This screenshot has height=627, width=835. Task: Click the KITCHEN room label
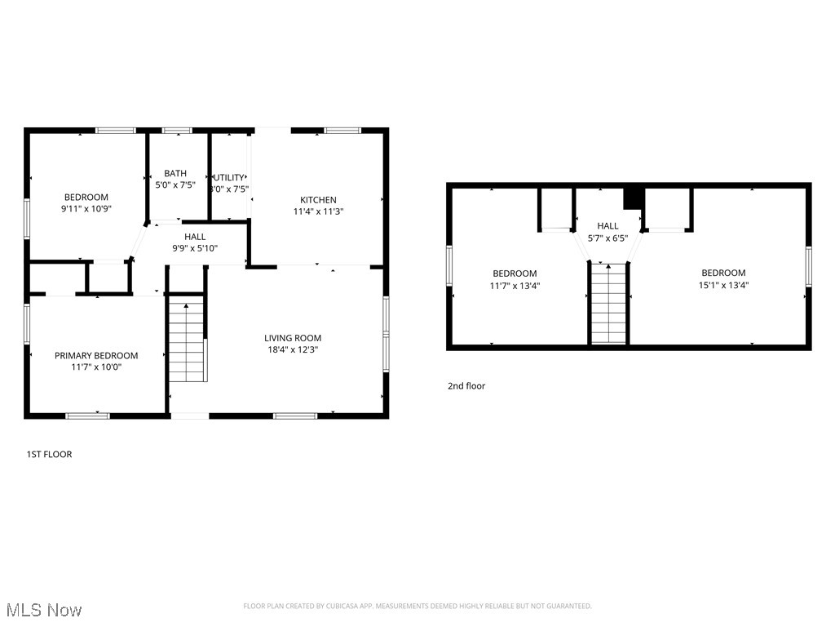[x=318, y=200]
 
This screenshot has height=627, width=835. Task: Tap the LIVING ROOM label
[x=293, y=338]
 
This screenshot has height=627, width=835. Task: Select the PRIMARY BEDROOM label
[x=96, y=356]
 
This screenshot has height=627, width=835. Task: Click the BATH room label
[x=175, y=173]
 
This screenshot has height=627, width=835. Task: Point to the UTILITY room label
[x=229, y=177]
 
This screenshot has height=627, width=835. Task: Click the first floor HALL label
[x=195, y=237]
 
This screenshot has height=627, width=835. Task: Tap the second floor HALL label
[x=607, y=226]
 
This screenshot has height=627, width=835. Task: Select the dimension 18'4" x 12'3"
[x=293, y=349]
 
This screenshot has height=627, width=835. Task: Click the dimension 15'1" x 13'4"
[x=723, y=286]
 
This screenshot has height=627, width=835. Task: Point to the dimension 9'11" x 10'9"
[x=86, y=209]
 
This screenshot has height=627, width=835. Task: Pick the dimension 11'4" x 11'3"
[x=318, y=211]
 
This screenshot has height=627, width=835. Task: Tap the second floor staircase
[x=608, y=304]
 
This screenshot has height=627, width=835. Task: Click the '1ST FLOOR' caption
[x=49, y=454]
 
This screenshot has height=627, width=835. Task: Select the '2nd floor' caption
[x=466, y=386]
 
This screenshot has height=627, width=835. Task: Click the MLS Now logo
[x=44, y=610]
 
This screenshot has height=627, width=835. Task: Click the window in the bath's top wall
[x=176, y=130]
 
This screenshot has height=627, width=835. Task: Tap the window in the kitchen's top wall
[x=342, y=130]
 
